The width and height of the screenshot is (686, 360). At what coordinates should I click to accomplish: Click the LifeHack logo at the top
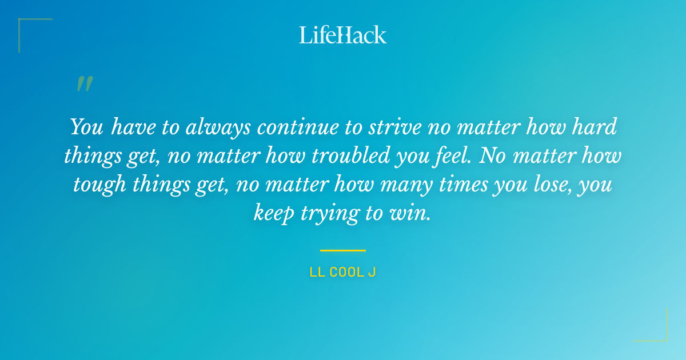(x=343, y=35)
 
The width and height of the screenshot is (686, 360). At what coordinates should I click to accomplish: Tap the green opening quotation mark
(x=85, y=84)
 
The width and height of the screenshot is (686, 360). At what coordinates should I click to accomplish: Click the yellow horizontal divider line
(x=343, y=250)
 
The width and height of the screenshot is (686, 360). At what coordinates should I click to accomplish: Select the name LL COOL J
(x=342, y=273)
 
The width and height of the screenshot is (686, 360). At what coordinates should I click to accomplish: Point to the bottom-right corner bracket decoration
(x=660, y=334)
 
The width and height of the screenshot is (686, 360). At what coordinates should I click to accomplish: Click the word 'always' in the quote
(x=218, y=127)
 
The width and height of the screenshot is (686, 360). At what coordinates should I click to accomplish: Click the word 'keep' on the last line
(x=274, y=213)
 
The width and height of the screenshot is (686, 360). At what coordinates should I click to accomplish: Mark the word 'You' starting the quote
(x=86, y=127)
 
